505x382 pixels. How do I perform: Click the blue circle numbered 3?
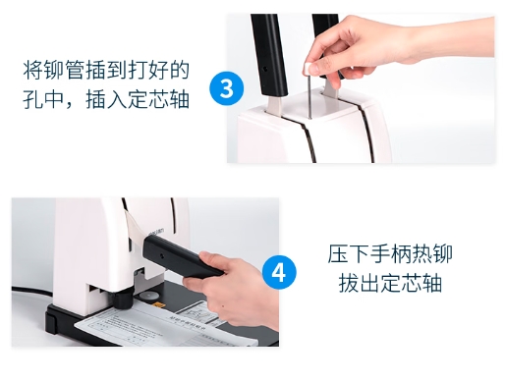click(227, 88)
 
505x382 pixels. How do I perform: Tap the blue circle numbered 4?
click(279, 272)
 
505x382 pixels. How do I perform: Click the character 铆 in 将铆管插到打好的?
click(54, 70)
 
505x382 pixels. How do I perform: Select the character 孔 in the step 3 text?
click(32, 99)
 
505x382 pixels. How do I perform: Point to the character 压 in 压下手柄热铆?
click(338, 253)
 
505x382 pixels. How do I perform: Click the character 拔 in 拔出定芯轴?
click(349, 283)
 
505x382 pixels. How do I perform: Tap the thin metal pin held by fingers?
click(309, 95)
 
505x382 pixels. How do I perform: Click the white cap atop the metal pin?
click(308, 67)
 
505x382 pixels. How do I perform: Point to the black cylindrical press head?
click(122, 299)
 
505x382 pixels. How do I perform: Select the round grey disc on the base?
click(149, 296)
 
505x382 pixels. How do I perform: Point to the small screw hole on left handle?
click(265, 69)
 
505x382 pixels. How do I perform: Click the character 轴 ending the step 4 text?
click(432, 283)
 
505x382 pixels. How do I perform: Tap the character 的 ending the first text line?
click(180, 70)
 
